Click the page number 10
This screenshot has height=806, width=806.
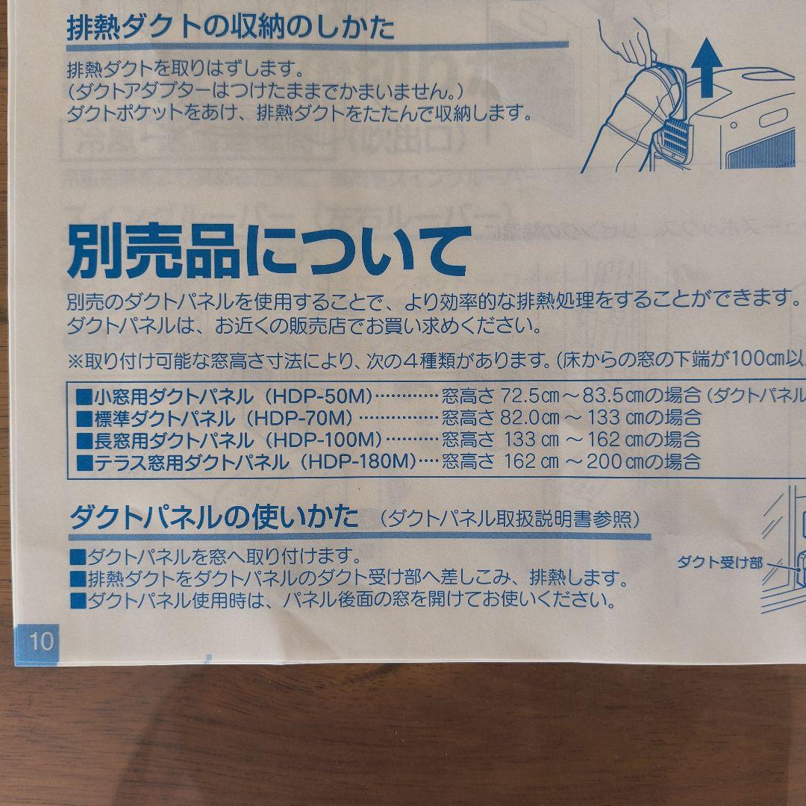tap(42, 640)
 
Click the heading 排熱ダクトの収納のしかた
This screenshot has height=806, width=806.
tap(231, 29)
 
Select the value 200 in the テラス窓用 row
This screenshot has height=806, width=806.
tap(604, 461)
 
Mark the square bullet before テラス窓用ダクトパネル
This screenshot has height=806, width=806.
tap(84, 462)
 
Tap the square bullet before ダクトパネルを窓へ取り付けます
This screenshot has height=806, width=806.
tap(78, 557)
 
